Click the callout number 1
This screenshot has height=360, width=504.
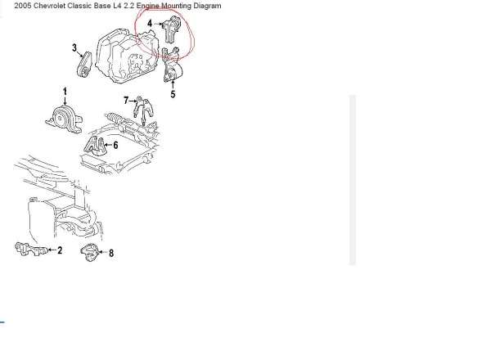coord(65,91)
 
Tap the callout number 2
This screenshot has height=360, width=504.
coord(60,250)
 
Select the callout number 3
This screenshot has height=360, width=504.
coord(74,48)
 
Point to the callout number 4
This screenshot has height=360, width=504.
coord(150,23)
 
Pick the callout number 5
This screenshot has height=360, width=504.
coord(173,94)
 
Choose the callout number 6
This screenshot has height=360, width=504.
coord(115,146)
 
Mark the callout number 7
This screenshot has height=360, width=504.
coord(126,101)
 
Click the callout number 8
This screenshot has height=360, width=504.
coord(111,253)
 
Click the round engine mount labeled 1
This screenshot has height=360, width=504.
coord(64,119)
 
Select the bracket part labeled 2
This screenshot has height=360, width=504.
coord(31,249)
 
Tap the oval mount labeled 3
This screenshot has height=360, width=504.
coord(84,65)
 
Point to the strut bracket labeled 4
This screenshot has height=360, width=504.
coord(170,29)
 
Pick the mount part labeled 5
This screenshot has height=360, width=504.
coord(173,66)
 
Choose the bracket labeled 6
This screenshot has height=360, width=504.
coord(95,146)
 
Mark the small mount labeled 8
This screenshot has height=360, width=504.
coord(89,253)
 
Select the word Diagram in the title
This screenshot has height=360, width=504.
coord(207,6)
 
